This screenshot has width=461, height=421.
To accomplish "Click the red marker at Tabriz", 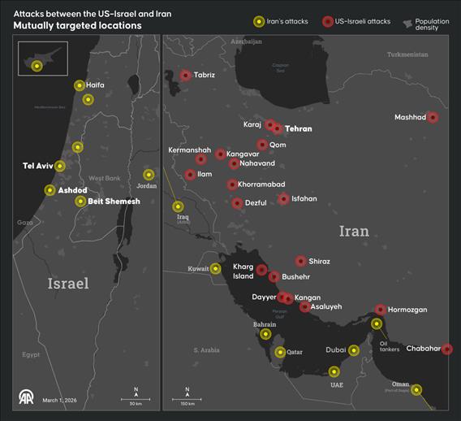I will pyautogui.click(x=185, y=76).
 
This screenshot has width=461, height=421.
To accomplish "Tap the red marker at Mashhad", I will pyautogui.click(x=433, y=117).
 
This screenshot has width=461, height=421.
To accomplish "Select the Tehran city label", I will pyautogui.click(x=298, y=128).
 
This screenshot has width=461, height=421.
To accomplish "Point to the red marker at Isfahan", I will pyautogui.click(x=283, y=199).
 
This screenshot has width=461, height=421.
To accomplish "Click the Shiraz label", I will pyautogui.click(x=320, y=261).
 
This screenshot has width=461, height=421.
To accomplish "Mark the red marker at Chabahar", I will pyautogui.click(x=446, y=349).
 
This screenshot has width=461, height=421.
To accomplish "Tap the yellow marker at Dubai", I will pyautogui.click(x=354, y=351).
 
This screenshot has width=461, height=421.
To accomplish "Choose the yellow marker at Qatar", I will pyautogui.click(x=280, y=352).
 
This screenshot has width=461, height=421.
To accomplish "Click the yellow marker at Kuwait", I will pyautogui.click(x=216, y=268).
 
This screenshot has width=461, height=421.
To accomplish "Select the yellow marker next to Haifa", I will pyautogui.click(x=79, y=85).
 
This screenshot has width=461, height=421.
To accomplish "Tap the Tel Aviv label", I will pyautogui.click(x=37, y=166).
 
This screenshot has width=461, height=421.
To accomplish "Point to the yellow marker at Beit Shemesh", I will pyautogui.click(x=80, y=202).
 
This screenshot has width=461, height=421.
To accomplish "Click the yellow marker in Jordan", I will pyautogui.click(x=149, y=175).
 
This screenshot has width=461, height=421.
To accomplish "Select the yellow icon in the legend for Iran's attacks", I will pyautogui.click(x=258, y=22).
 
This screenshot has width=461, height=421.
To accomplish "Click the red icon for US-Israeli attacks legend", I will pyautogui.click(x=329, y=22).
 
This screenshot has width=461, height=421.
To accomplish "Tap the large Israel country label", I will pyautogui.click(x=68, y=283).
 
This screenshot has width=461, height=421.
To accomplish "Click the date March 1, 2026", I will pyautogui.click(x=59, y=400).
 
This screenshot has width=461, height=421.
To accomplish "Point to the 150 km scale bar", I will pyautogui.click(x=186, y=398).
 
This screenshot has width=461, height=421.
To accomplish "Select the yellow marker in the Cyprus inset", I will pyautogui.click(x=37, y=65).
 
